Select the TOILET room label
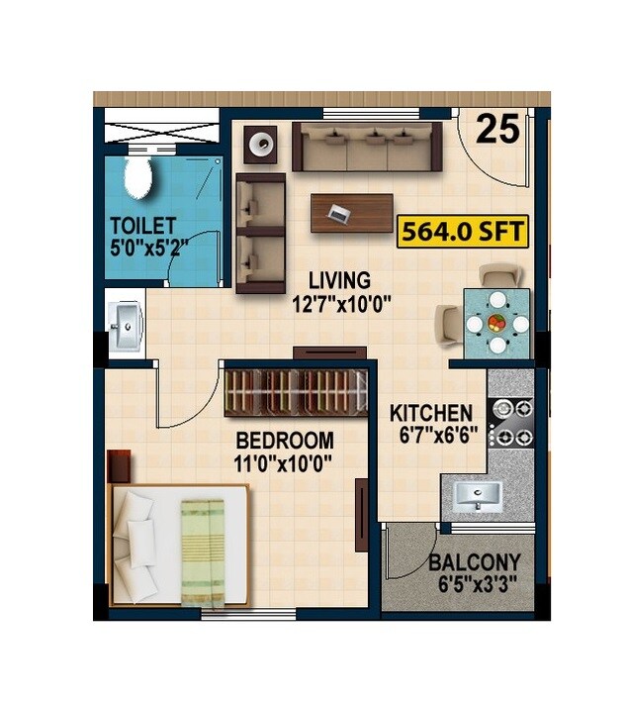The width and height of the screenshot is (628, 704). tap(142, 225)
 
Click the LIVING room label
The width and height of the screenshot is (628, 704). tap(338, 280)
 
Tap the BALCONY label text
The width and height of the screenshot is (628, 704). tap(475, 563)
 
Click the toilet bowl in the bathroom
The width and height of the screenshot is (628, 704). tap(137, 177)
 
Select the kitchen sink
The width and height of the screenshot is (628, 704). tap(478, 495)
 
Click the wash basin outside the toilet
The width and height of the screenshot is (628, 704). tap(125, 326)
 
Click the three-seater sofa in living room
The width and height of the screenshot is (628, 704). tap(366, 147)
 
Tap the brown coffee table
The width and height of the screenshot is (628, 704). tap(351, 212)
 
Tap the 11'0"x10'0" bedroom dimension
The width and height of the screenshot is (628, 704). tap(283, 461)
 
